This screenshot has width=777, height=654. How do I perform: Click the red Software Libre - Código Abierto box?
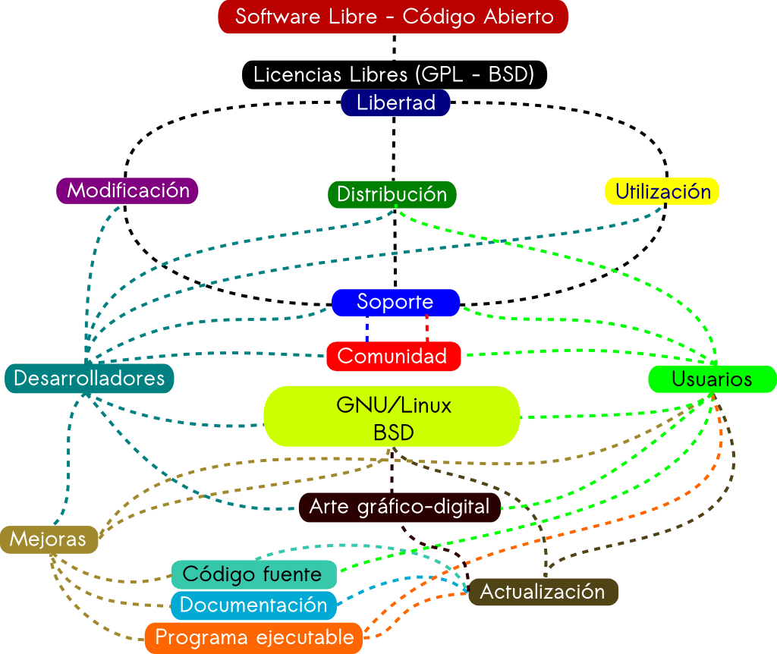coord(393,17)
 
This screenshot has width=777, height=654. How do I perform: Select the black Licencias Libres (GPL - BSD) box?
coord(395,75)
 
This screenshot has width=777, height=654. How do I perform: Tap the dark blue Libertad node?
coord(395,102)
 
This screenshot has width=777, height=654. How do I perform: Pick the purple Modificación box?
coord(127,190)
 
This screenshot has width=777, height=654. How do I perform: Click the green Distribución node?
coord(392,194)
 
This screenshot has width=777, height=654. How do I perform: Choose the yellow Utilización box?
coord(662,191)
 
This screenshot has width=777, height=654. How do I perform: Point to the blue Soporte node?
coord(395,302)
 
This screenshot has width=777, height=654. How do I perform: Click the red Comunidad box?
coord(394,357)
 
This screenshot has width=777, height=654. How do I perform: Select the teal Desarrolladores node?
coord(90,379)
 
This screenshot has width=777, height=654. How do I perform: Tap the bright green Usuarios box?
coord(712,379)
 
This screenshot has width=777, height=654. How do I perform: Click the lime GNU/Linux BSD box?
coord(392,417)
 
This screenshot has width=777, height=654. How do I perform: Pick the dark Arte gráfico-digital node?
coord(400,507)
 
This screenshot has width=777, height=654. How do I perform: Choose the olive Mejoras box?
coord(49,539)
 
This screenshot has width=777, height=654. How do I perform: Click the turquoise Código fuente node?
coord(253,575)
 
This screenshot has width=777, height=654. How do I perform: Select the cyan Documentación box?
coord(253,605)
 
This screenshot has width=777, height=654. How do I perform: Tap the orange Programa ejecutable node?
coord(253,638)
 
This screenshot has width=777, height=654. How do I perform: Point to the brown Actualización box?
coord(543,592)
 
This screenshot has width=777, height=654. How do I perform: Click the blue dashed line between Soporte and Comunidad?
coord(366,329)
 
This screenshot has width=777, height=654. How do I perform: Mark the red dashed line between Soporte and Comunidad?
coord(427,329)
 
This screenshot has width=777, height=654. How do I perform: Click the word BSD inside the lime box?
coord(394,432)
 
